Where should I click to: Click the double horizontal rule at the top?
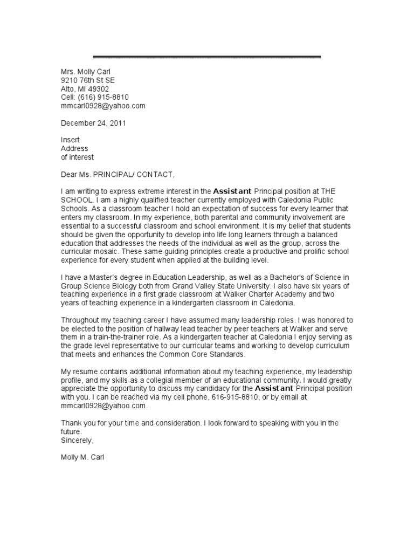click(207, 57)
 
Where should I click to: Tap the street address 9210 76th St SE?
click(87, 80)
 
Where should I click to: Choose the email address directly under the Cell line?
click(103, 106)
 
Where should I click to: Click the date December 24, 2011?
click(93, 123)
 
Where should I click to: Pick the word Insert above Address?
click(70, 140)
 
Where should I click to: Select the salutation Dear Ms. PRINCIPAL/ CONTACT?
click(118, 174)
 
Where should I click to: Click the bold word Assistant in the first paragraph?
click(232, 191)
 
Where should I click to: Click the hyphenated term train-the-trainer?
click(118, 337)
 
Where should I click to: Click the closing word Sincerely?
click(77, 440)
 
